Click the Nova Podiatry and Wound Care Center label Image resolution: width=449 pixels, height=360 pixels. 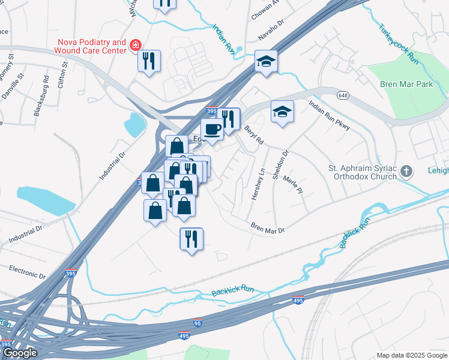click(92, 47)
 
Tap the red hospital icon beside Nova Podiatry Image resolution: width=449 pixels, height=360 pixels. click(136, 45)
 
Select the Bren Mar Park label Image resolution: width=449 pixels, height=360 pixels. click(406, 85)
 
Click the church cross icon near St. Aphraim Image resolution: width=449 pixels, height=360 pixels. click(406, 172)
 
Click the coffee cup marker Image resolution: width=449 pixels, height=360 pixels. click(211, 128)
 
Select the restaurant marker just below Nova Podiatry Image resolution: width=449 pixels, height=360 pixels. click(149, 61)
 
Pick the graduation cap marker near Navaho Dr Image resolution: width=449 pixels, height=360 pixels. click(266, 61)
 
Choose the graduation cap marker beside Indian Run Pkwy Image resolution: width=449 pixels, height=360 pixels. click(282, 111)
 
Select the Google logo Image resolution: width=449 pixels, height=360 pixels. click(20, 353)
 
